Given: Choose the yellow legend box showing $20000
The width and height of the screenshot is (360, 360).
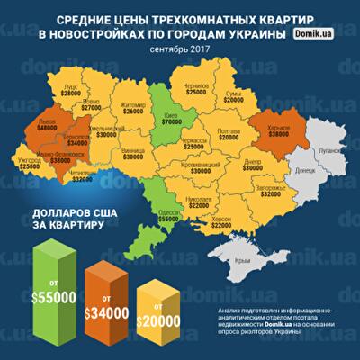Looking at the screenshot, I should (x=162, y=316).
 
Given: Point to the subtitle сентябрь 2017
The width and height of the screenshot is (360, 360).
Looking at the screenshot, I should (x=180, y=47).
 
